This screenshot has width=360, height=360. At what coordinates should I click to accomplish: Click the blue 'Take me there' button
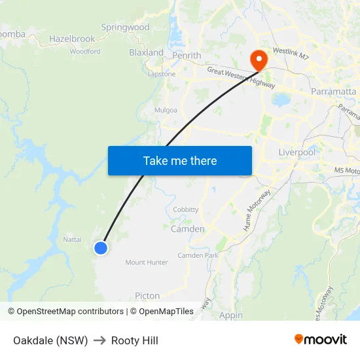(179, 160)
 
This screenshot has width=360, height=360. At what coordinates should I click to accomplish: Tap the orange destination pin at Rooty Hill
(259, 60)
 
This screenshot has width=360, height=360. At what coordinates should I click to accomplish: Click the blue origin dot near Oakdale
(100, 247)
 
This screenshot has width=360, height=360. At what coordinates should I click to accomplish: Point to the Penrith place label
(187, 56)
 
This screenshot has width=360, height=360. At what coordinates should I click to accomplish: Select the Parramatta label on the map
(333, 91)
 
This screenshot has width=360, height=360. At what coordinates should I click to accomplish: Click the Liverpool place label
(297, 153)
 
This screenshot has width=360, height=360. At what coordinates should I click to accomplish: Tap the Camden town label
(187, 229)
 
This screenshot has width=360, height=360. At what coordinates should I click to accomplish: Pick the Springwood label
(126, 27)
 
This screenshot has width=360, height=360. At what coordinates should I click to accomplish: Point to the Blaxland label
(146, 52)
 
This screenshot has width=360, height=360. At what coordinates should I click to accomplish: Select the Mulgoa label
(166, 110)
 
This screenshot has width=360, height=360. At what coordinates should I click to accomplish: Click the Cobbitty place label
(186, 209)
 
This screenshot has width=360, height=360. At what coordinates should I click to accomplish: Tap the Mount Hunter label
(147, 262)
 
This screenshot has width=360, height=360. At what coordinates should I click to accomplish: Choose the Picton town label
(147, 296)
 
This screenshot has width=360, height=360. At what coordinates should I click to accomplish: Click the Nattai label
(72, 240)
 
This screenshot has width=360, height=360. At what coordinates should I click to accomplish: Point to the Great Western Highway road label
(241, 78)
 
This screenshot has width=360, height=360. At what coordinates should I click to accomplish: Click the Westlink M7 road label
(290, 52)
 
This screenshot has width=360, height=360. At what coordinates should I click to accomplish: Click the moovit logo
(320, 339)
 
